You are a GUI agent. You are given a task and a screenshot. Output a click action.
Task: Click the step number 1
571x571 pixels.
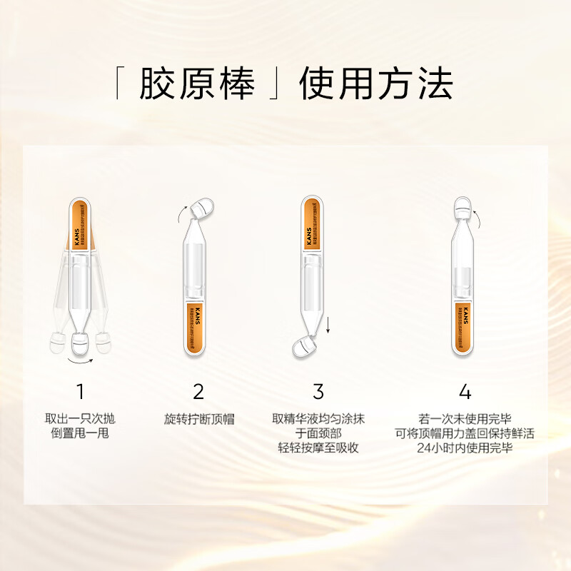pos(81,391)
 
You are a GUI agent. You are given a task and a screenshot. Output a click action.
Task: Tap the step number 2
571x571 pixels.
pos(198,391)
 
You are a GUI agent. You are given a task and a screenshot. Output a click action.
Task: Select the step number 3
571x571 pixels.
pos(318,391)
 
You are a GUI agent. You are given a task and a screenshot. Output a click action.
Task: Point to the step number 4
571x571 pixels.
pos(465,391)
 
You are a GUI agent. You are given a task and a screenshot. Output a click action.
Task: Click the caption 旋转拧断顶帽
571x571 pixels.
pos(199,419)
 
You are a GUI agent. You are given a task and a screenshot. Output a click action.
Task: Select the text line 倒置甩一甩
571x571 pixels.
pos(81,433)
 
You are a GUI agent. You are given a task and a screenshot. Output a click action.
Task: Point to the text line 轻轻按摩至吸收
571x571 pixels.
pos(318,448)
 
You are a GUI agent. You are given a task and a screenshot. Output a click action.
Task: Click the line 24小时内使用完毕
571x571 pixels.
pos(465,448)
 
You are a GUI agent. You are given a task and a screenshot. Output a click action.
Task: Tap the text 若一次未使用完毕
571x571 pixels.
pos(465,419)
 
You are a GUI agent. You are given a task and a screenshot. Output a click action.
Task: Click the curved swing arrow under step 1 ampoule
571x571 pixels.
pos(81,360)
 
